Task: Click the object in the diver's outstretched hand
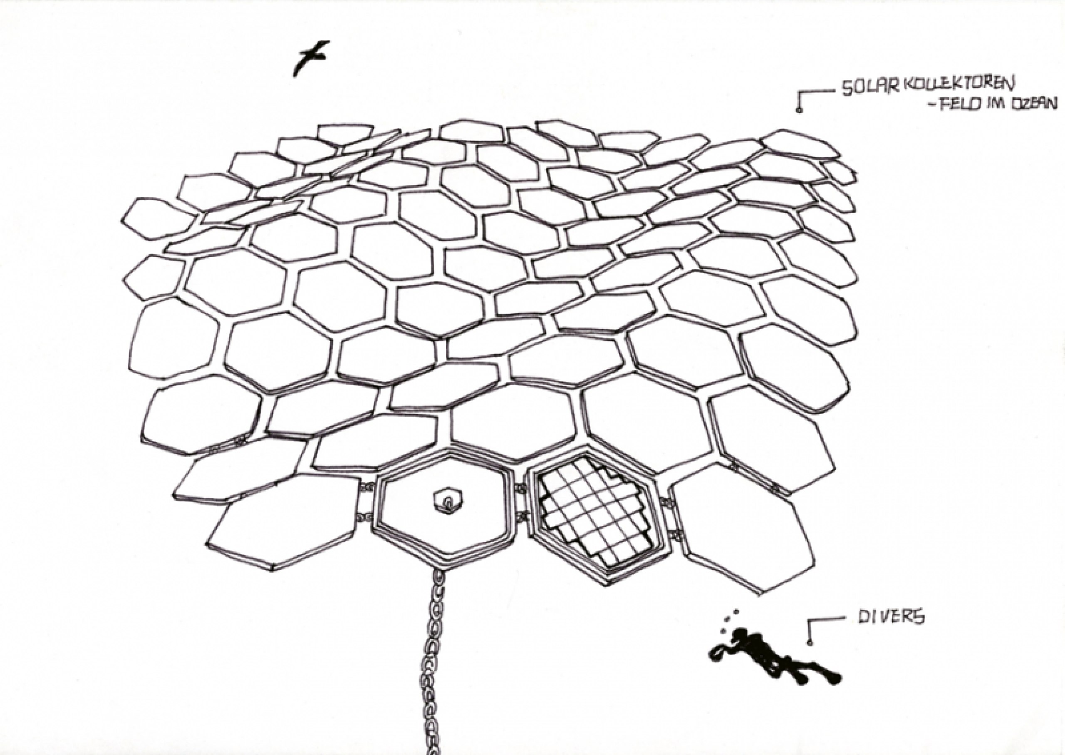(716, 653)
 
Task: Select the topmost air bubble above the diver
(736, 612)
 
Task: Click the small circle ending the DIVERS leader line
(810, 643)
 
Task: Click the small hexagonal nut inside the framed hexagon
(448, 501)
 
